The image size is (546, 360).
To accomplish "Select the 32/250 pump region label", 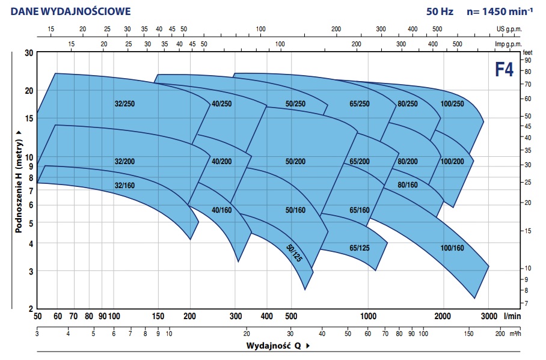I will point(124,104).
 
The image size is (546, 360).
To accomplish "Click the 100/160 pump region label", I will point(452,248).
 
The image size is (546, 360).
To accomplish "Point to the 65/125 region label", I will point(359,248).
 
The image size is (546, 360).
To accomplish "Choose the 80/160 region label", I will point(408,185).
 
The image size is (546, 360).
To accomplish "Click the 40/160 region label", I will point(222,210).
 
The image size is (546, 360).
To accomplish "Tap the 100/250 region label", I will point(452,104).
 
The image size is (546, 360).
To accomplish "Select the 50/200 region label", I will point(295,161).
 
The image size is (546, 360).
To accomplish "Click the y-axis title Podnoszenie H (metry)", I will point(19,180).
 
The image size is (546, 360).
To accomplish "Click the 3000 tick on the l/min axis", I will point(488,317).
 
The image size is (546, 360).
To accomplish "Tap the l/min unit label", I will point(512,317).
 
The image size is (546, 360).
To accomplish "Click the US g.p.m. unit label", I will point(509,29).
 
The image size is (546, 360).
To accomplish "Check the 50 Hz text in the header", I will point(439,11).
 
